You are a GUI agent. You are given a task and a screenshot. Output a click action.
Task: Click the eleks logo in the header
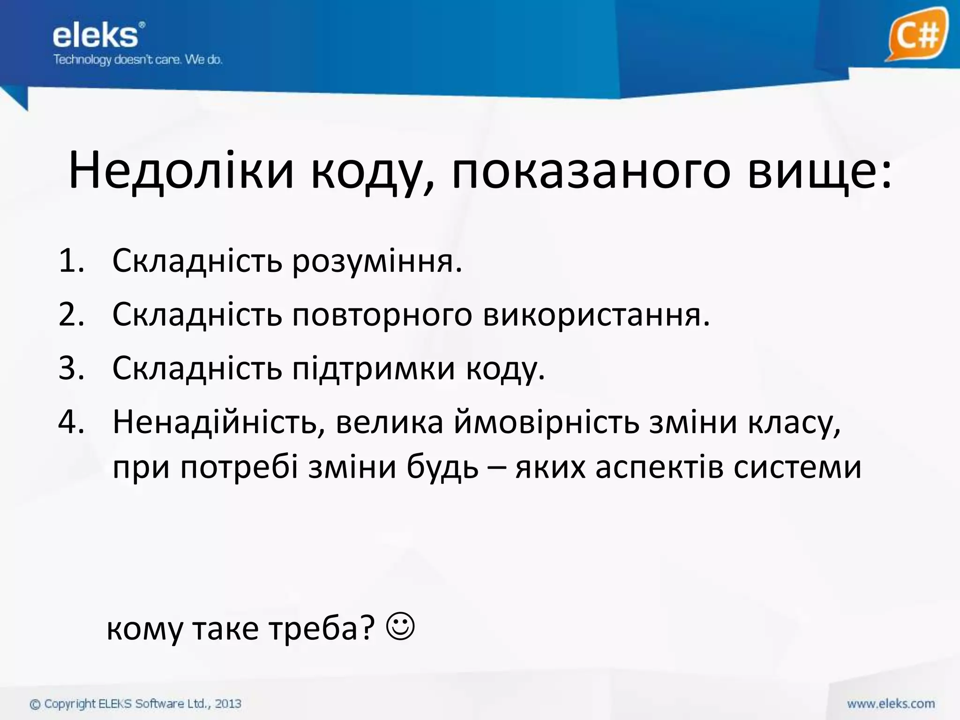(x=96, y=36)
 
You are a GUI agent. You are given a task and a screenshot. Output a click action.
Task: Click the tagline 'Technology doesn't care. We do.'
(x=137, y=60)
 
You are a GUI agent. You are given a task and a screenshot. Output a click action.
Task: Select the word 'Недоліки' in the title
(x=181, y=171)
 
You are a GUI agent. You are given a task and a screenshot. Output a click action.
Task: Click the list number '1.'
(x=71, y=261)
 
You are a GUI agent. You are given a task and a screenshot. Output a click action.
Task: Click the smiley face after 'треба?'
(x=401, y=626)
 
